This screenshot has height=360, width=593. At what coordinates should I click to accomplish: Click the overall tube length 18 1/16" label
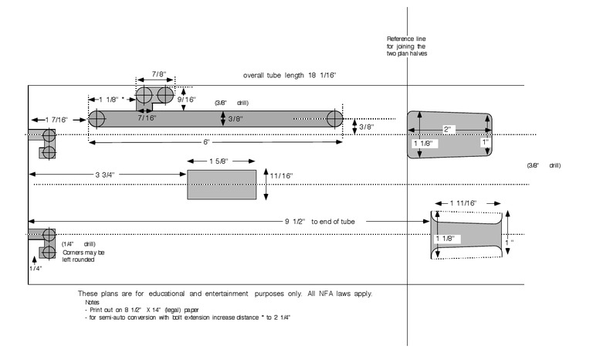(x=290, y=76)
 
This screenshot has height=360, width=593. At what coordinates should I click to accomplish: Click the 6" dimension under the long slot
(x=208, y=143)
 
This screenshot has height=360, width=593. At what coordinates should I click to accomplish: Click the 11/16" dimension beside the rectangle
(x=282, y=176)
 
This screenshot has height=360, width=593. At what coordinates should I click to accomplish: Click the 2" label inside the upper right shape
(x=449, y=129)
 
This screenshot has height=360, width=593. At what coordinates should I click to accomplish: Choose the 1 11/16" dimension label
(x=465, y=202)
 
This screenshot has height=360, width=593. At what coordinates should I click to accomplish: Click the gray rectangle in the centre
(x=222, y=185)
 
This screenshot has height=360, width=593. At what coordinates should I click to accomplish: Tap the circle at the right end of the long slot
(x=335, y=119)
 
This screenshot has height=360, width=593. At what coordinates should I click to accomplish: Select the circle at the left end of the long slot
(x=97, y=119)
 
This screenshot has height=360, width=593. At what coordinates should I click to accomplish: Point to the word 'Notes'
(x=93, y=302)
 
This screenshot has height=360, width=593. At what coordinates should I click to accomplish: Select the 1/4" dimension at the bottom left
(x=36, y=268)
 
